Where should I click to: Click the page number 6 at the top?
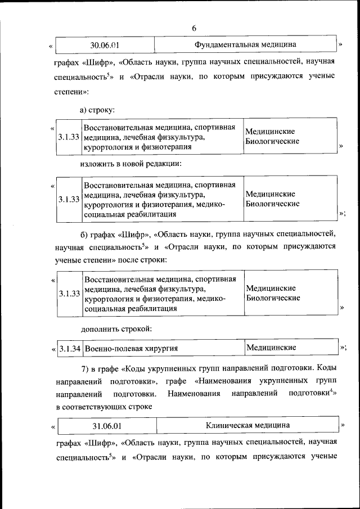pos(194,29)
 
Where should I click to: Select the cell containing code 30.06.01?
pos(105,44)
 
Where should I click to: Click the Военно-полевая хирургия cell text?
pos(131,348)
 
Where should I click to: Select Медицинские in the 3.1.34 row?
pos(271,348)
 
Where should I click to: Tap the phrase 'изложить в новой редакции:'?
pos(130,164)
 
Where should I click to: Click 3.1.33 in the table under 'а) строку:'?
pos(69,137)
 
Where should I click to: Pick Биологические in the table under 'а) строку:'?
pos(272,141)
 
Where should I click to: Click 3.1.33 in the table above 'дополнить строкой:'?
pos(69,294)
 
